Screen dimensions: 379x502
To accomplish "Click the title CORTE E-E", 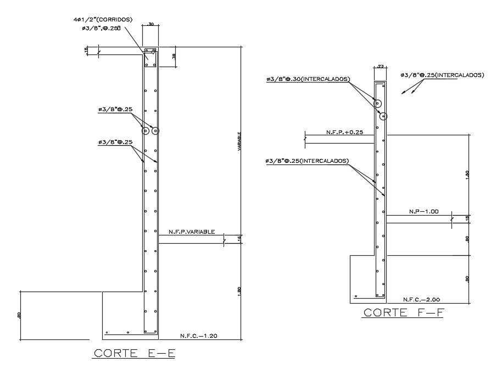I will click(x=133, y=353).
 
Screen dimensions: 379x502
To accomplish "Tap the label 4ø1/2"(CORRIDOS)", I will click(x=103, y=19).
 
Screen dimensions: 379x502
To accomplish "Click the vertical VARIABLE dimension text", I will click(x=239, y=141).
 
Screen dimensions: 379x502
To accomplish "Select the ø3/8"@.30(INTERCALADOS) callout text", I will click(x=307, y=79).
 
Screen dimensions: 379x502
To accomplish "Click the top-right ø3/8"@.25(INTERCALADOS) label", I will click(x=442, y=75).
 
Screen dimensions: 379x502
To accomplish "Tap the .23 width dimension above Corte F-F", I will click(x=380, y=67).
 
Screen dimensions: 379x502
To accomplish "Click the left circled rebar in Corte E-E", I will click(x=146, y=131).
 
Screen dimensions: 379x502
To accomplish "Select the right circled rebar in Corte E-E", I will click(x=155, y=131).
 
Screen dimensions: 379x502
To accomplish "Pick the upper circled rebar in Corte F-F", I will click(x=378, y=103).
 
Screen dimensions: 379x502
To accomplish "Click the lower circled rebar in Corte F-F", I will click(x=383, y=116).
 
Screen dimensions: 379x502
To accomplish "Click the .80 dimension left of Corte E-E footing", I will click(x=20, y=316).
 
